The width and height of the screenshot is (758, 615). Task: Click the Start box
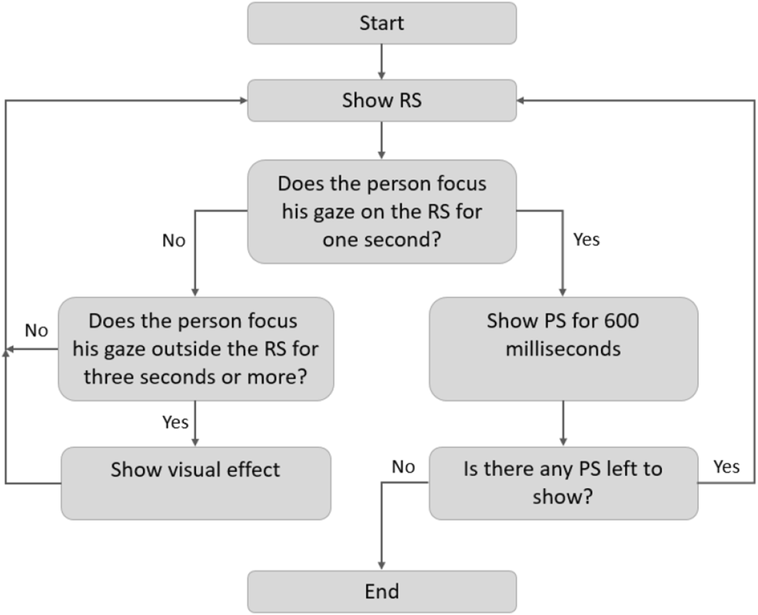coord(381,24)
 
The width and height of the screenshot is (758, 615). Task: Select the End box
coord(381,591)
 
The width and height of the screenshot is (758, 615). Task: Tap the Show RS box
coord(381,101)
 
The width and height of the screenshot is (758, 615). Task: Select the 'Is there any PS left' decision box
coord(563,483)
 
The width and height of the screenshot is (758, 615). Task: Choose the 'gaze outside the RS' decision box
coord(195,348)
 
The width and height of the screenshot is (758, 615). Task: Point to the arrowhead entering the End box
coord(381,564)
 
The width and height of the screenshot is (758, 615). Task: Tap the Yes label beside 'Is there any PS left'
coord(726,467)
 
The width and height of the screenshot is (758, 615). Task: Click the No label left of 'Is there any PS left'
coord(404,467)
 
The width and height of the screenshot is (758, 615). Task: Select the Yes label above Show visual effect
coord(175,421)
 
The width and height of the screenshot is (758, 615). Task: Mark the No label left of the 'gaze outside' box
coord(36,331)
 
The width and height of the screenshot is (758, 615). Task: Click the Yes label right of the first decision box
coord(587,240)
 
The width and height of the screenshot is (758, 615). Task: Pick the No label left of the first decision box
coord(173,241)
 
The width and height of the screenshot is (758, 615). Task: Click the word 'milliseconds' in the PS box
coord(563,348)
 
